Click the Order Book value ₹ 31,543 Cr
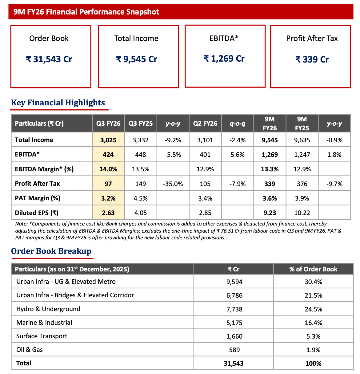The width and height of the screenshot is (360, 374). (49, 59)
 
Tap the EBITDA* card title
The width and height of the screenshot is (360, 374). (224, 38)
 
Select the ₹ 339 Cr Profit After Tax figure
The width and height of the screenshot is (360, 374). (312, 59)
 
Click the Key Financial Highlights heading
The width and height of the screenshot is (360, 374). (58, 103)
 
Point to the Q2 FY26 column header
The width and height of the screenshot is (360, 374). (205, 124)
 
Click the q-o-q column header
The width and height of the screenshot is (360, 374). (237, 124)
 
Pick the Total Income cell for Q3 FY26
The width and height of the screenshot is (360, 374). (108, 140)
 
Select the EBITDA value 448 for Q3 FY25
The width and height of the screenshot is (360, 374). (141, 155)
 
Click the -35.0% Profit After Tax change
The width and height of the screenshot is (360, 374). (173, 184)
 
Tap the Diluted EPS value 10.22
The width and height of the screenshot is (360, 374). (302, 213)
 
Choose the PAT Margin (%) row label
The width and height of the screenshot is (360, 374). (38, 198)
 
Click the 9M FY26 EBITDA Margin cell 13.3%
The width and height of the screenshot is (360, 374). (270, 169)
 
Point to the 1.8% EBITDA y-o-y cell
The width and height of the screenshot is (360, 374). (334, 155)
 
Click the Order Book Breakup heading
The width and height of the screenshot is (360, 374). (51, 251)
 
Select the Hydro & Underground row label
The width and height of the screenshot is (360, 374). (48, 309)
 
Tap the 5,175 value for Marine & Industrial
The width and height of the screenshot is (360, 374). (234, 323)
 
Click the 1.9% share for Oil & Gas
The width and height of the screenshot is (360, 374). (313, 350)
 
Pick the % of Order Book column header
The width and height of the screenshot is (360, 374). (313, 269)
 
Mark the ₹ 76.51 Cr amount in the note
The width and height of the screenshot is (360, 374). (228, 231)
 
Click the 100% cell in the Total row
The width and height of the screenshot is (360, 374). (313, 364)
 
